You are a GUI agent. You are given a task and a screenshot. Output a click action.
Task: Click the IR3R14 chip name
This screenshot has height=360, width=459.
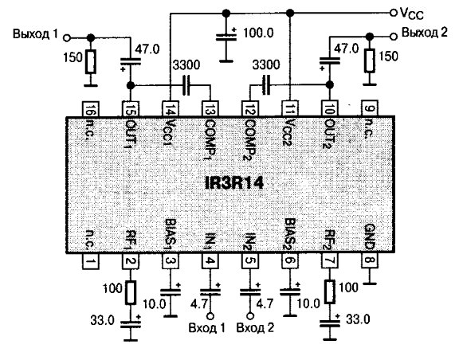(x=234, y=183)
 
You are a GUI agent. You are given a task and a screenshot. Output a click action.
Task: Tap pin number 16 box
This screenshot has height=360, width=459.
(x=91, y=109)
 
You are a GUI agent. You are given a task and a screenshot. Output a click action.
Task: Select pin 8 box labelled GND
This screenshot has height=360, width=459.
(x=370, y=260)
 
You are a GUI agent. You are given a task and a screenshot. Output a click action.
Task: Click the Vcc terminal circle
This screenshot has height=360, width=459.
(x=394, y=12)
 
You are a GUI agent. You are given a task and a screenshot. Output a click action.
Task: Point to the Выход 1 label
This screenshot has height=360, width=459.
(x=35, y=34)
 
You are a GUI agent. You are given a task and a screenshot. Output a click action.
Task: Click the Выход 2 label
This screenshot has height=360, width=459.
(x=425, y=32)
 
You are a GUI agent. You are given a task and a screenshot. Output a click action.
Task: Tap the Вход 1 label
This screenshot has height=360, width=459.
(x=207, y=327)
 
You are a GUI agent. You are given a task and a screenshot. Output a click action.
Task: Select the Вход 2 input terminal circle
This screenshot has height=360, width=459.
(x=250, y=316)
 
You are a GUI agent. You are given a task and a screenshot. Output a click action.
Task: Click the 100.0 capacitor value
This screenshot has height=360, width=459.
(x=258, y=33)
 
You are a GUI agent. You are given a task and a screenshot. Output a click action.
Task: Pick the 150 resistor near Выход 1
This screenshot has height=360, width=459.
(x=91, y=62)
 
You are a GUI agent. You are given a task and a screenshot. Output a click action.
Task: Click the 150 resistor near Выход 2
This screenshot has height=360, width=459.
(x=370, y=61)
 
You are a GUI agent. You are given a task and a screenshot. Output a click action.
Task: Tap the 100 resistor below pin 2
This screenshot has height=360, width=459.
(x=131, y=292)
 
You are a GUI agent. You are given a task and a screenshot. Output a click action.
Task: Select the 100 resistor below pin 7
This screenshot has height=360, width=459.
(x=330, y=292)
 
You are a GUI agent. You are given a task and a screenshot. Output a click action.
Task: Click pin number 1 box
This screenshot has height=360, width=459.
(x=91, y=260)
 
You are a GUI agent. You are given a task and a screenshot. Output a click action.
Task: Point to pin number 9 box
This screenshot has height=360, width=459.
(x=370, y=108)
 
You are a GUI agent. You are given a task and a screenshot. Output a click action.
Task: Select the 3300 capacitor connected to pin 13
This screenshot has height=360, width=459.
(x=186, y=85)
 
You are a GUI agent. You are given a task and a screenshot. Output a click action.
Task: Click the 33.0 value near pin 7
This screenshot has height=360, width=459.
(x=358, y=319)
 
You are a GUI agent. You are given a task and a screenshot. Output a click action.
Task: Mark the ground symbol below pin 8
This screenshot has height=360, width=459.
(x=370, y=284)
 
